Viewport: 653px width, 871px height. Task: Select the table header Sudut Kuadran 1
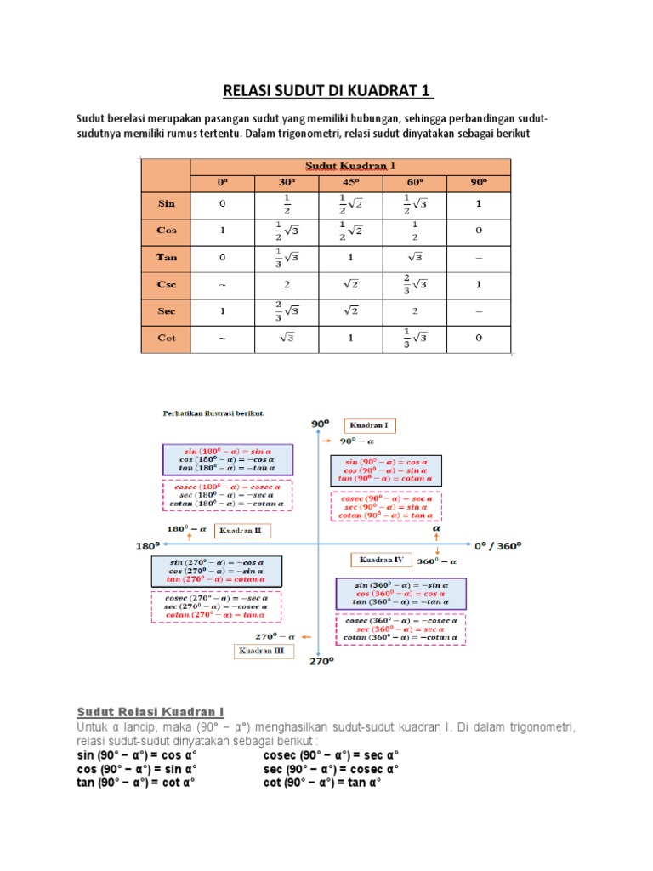pyautogui.click(x=349, y=165)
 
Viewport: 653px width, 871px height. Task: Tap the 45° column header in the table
pyautogui.click(x=351, y=183)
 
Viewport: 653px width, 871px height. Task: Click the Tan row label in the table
pyautogui.click(x=167, y=256)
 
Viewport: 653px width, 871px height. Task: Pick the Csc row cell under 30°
pyautogui.click(x=287, y=283)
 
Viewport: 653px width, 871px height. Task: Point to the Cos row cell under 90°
pyautogui.click(x=479, y=231)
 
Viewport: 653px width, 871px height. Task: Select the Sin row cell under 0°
pyautogui.click(x=223, y=204)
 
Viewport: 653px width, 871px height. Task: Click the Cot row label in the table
pyautogui.click(x=167, y=338)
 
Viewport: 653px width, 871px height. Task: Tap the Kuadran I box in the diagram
pyautogui.click(x=370, y=424)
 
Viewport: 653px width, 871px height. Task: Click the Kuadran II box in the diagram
pyautogui.click(x=243, y=531)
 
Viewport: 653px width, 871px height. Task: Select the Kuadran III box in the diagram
pyautogui.click(x=264, y=652)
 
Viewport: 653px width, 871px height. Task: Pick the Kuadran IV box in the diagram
pyautogui.click(x=380, y=560)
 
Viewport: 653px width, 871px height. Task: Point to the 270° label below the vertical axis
pyautogui.click(x=320, y=661)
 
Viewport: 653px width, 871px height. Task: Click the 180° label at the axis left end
pyautogui.click(x=147, y=544)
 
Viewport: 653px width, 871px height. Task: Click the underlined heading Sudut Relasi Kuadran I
pyautogui.click(x=150, y=711)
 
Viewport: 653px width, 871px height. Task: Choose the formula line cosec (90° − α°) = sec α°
pyautogui.click(x=332, y=755)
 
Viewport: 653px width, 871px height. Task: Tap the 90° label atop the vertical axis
pyautogui.click(x=320, y=423)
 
